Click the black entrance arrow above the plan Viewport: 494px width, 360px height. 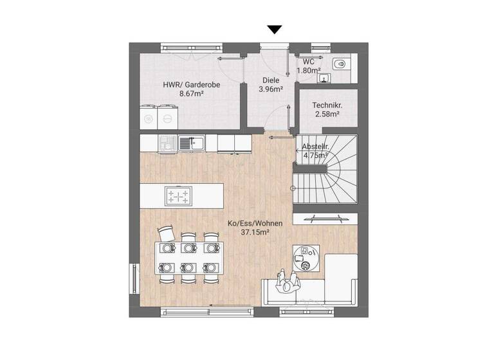pyautogui.click(x=275, y=29)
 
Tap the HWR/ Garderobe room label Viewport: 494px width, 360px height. pyautogui.click(x=182, y=84)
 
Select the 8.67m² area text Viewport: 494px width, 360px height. pyautogui.click(x=191, y=94)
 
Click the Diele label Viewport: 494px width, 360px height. pyautogui.click(x=270, y=80)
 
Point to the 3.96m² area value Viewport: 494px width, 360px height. pyautogui.click(x=270, y=89)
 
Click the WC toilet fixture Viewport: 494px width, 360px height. pyautogui.click(x=341, y=64)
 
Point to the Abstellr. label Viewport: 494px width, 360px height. pyautogui.click(x=315, y=146)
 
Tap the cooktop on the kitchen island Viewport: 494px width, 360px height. pyautogui.click(x=178, y=195)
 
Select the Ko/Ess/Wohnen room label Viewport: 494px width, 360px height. pyautogui.click(x=255, y=224)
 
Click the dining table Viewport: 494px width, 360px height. pyautogui.click(x=188, y=257)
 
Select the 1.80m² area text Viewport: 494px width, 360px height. pyautogui.click(x=309, y=70)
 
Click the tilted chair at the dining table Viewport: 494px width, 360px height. pyautogui.click(x=167, y=232)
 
